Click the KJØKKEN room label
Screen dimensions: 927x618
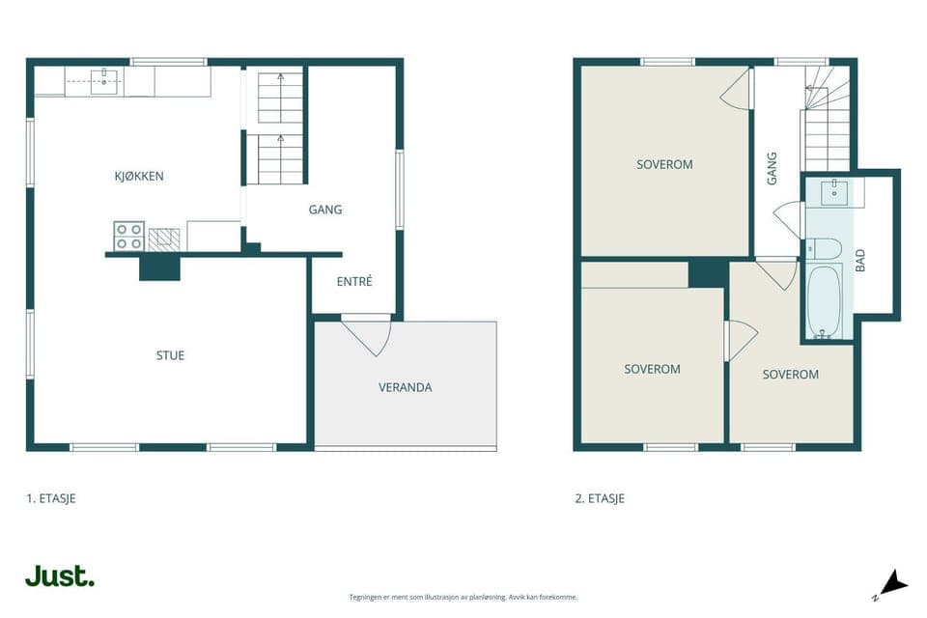139,177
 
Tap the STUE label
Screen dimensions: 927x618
170,355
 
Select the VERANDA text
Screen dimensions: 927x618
405,387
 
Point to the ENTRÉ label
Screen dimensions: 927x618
354,282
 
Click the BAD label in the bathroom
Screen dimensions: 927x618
860,260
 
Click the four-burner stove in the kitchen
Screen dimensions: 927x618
128,236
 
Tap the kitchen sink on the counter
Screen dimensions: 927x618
104,82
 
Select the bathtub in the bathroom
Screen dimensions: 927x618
824,301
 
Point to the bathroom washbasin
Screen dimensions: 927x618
834,193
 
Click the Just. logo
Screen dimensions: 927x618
60,576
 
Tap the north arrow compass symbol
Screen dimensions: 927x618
891,585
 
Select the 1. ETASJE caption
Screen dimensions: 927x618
51,498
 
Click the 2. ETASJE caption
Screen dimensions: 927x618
600,498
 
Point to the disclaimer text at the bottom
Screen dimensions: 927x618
463,598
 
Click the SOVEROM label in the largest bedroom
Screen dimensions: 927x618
664,164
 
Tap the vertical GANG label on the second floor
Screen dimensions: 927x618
772,169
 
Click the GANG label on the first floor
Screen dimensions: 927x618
325,210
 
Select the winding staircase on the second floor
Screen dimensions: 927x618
827,118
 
